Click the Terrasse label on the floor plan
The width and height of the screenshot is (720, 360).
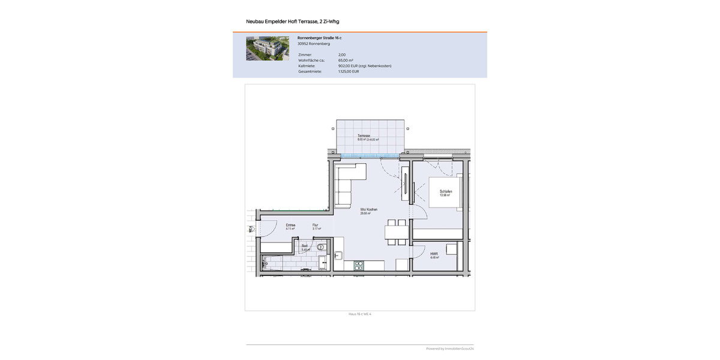pyautogui.click(x=364, y=136)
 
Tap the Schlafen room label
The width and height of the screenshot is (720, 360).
pyautogui.click(x=445, y=191)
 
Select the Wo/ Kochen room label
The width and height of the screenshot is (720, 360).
pyautogui.click(x=368, y=209)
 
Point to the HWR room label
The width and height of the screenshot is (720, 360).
pyautogui.click(x=434, y=254)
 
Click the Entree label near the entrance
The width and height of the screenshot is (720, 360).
pyautogui.click(x=290, y=225)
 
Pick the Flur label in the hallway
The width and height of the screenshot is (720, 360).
pyautogui.click(x=316, y=225)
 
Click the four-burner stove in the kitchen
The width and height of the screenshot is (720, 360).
pyautogui.click(x=359, y=265)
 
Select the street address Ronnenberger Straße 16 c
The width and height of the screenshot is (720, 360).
pyautogui.click(x=319, y=38)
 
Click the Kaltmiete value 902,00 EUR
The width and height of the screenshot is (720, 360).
pyautogui.click(x=364, y=66)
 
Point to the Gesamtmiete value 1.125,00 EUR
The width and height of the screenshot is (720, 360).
pyautogui.click(x=349, y=71)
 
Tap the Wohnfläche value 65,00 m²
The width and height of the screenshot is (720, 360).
pyautogui.click(x=346, y=61)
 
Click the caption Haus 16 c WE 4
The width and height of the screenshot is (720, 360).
pyautogui.click(x=360, y=314)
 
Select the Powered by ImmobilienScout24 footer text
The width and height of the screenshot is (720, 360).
pyautogui.click(x=450, y=349)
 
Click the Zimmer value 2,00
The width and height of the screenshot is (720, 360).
pyautogui.click(x=342, y=55)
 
